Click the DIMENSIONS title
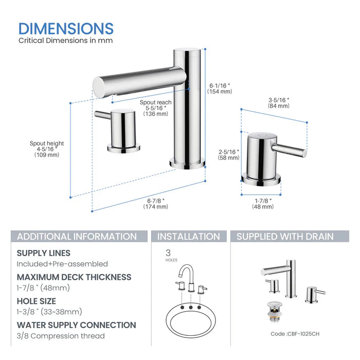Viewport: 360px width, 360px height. click(x=66, y=28)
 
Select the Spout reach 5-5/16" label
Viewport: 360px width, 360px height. click(x=155, y=108)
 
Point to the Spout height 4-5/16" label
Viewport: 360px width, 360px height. click(x=47, y=149)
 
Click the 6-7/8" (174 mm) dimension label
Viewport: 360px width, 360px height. click(x=155, y=203)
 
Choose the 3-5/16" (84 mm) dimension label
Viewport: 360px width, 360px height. click(x=279, y=102)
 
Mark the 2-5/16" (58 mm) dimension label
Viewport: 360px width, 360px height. click(x=228, y=155)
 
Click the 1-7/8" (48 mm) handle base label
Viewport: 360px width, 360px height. click(x=262, y=203)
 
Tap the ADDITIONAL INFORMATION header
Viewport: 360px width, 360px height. click(x=77, y=237)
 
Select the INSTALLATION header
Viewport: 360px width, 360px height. click(x=188, y=237)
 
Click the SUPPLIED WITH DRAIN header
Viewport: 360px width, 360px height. click(x=284, y=237)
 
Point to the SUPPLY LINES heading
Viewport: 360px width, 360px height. click(x=44, y=253)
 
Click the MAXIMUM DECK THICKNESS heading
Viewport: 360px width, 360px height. click(x=74, y=277)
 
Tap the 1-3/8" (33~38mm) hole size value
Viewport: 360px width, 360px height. click(x=49, y=312)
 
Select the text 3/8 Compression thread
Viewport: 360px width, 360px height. click(x=61, y=336)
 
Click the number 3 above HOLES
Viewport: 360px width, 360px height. click(x=168, y=253)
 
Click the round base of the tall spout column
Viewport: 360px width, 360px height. click(x=187, y=164)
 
